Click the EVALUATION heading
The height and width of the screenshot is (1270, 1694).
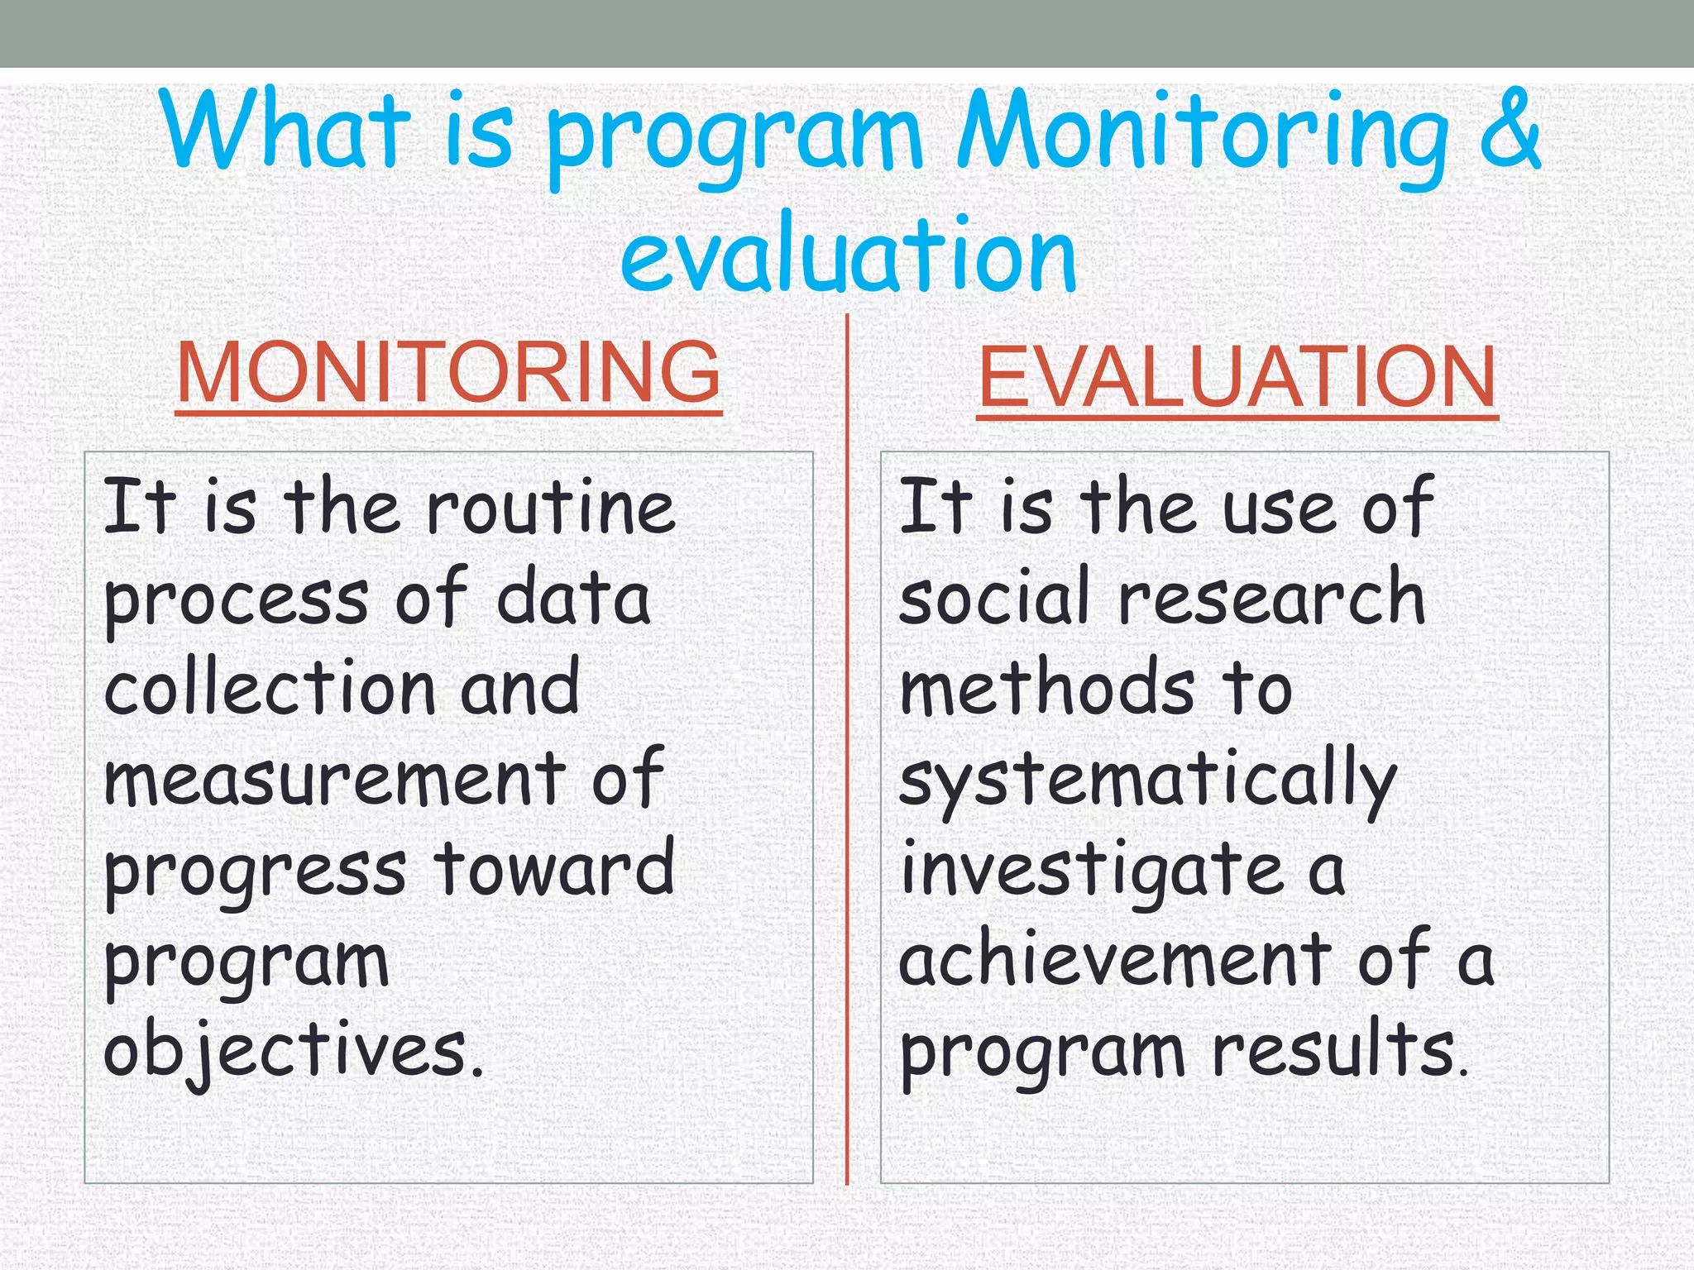tap(1237, 378)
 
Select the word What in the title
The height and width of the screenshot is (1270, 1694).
tap(285, 132)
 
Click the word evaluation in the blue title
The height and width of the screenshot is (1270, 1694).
tap(848, 255)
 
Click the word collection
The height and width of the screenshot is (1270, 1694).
tap(269, 688)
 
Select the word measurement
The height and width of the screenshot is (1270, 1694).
tap(334, 779)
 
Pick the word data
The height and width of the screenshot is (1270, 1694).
tap(573, 598)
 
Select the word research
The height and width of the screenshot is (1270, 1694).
tap(1271, 598)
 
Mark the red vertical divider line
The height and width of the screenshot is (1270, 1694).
tap(847, 744)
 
